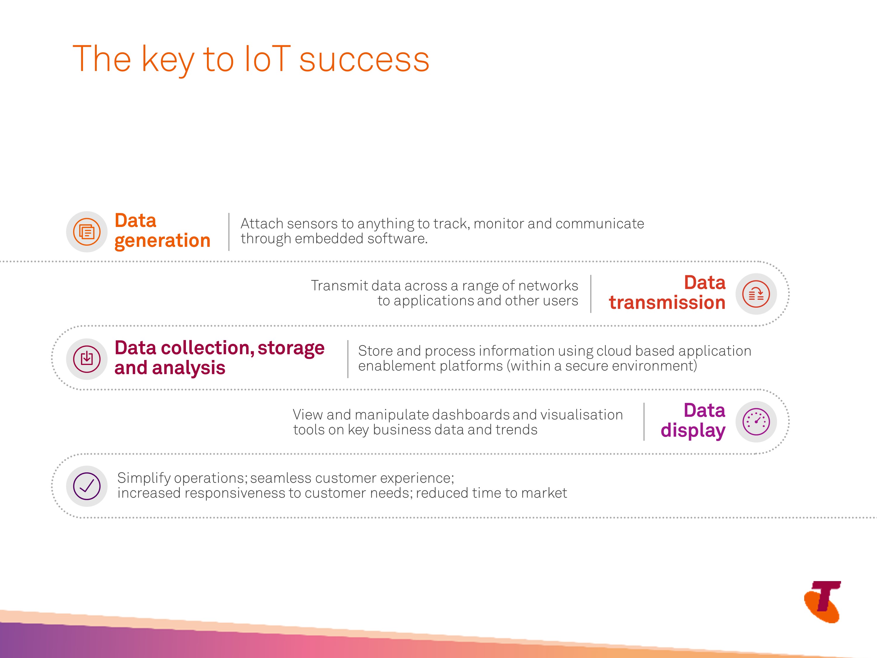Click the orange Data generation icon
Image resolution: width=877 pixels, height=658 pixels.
point(87,232)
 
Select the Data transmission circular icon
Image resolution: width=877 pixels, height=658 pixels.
point(756,294)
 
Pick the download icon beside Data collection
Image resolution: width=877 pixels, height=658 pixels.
point(87,359)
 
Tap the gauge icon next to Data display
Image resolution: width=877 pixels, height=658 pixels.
point(756,422)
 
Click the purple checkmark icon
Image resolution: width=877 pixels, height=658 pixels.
point(87,486)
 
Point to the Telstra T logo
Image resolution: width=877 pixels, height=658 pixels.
point(823,602)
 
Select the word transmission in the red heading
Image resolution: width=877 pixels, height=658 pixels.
point(667,303)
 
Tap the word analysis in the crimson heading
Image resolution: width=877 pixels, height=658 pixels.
point(189,368)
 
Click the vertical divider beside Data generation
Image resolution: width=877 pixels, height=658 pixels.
point(229,232)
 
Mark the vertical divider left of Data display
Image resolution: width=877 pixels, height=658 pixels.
point(644,422)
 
